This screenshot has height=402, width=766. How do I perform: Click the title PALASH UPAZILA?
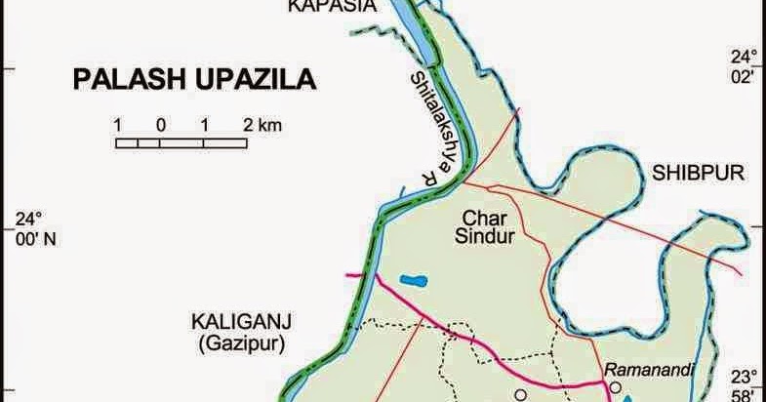195,78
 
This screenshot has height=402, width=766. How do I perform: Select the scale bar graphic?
181,143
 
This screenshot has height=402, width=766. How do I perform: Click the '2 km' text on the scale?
262,125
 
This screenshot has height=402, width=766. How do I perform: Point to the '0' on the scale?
160,125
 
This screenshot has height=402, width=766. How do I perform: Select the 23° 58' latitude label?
746,386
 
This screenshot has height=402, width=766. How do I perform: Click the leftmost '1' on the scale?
117,125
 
